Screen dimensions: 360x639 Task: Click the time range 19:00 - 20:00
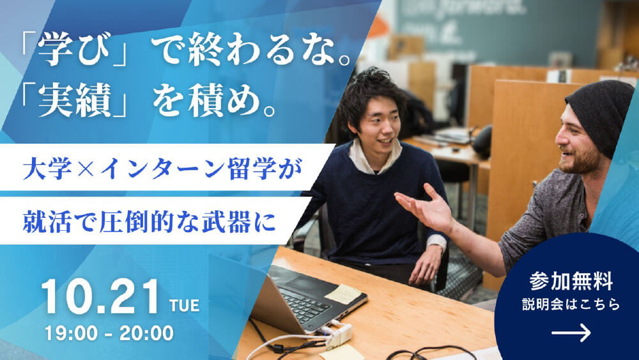point(109,333)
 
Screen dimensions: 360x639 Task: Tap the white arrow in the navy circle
point(571,333)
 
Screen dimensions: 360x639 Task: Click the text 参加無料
point(571,281)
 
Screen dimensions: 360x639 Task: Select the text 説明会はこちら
point(571,304)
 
